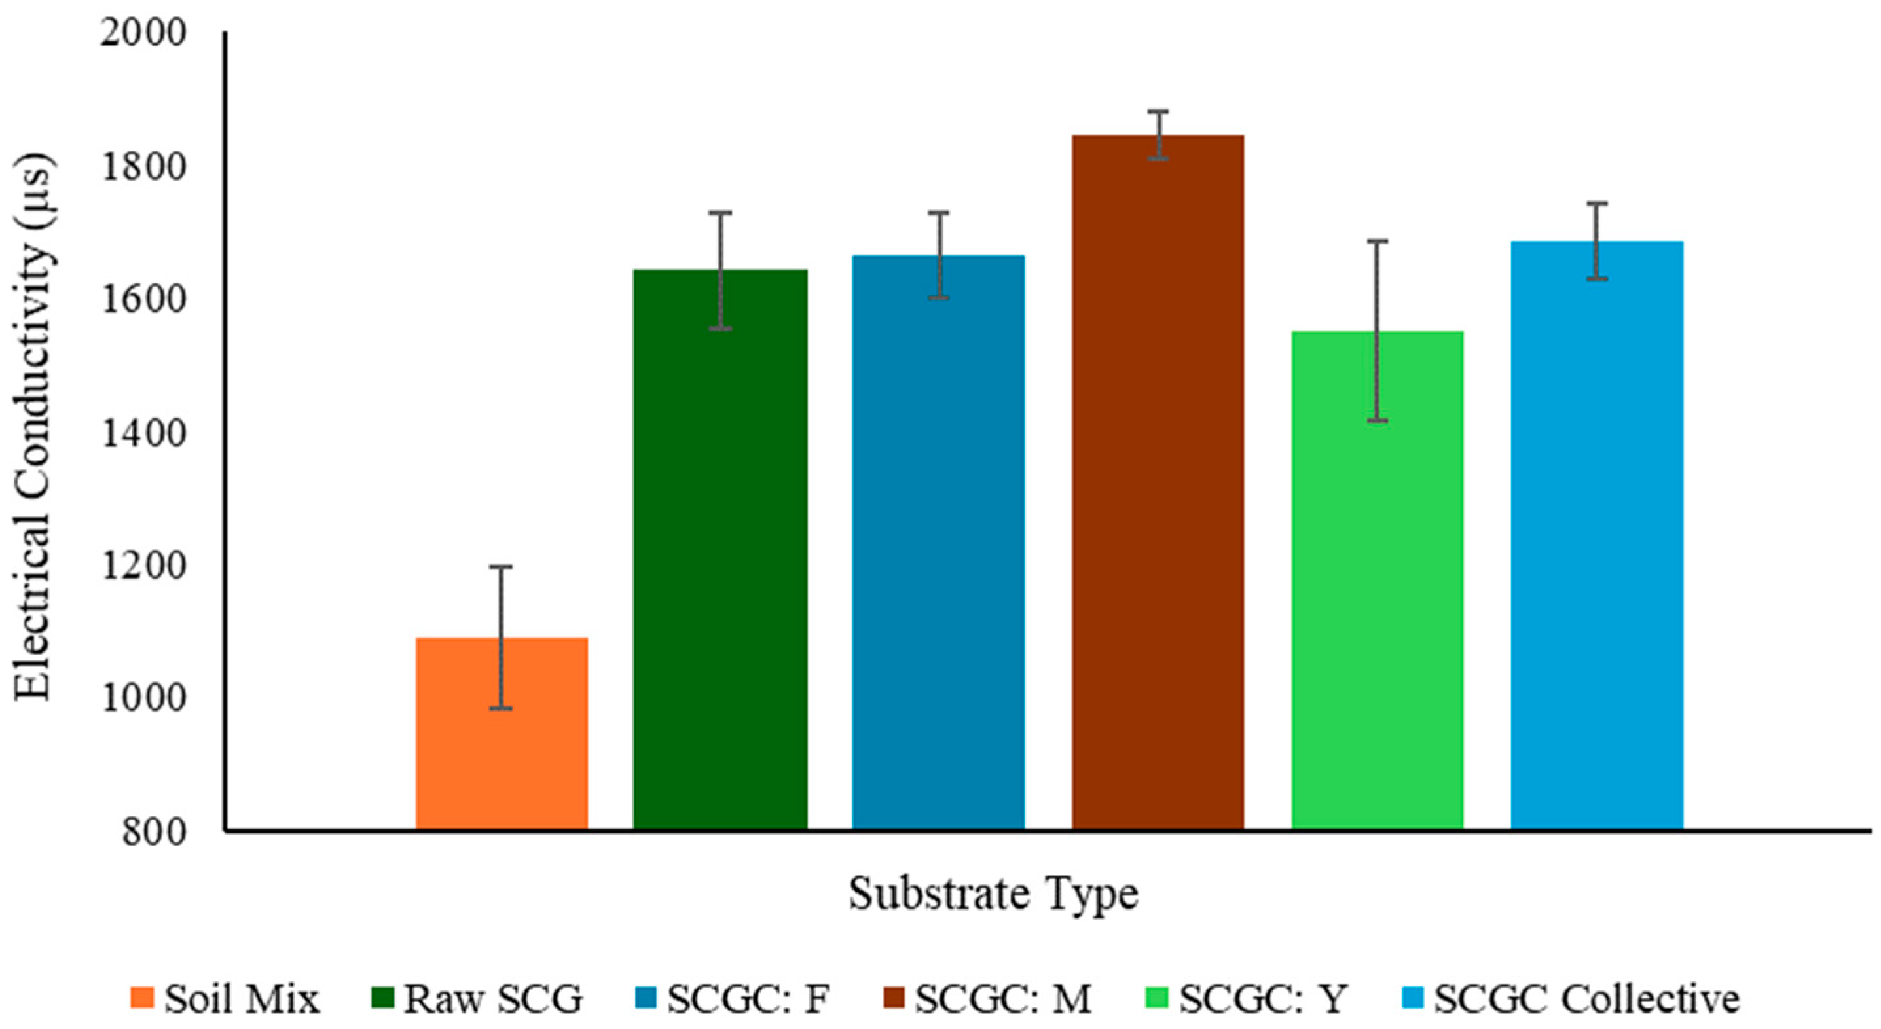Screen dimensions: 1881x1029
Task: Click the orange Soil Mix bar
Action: pos(502,733)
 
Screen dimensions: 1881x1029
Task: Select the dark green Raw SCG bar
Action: pos(720,549)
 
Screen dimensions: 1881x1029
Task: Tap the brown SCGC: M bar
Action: pos(1158,482)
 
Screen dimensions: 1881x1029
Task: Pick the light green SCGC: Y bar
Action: pos(1377,581)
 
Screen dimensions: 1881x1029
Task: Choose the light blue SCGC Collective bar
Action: pos(1597,535)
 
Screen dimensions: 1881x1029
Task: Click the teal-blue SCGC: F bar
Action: pos(938,542)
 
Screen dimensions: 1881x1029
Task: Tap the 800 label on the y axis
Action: pos(155,832)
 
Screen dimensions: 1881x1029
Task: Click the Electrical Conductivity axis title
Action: pos(33,427)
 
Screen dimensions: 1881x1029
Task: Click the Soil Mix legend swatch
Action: pos(142,998)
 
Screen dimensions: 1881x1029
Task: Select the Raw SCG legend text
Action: pos(494,998)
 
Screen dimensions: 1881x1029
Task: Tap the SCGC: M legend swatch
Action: pos(894,998)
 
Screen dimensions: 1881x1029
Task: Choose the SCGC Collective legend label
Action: pos(1588,998)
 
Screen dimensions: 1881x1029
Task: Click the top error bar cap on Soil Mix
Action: pos(501,567)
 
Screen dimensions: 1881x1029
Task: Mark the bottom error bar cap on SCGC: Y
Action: pos(1377,421)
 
